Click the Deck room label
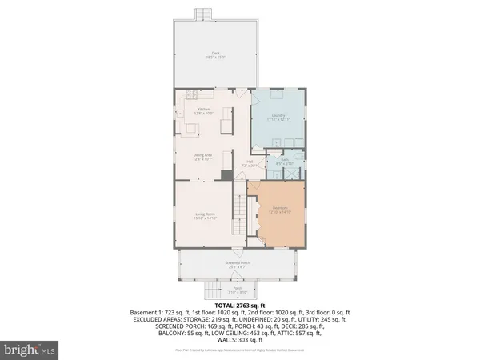(x=214, y=55)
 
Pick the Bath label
(x=284, y=162)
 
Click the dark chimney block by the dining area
(x=226, y=174)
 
